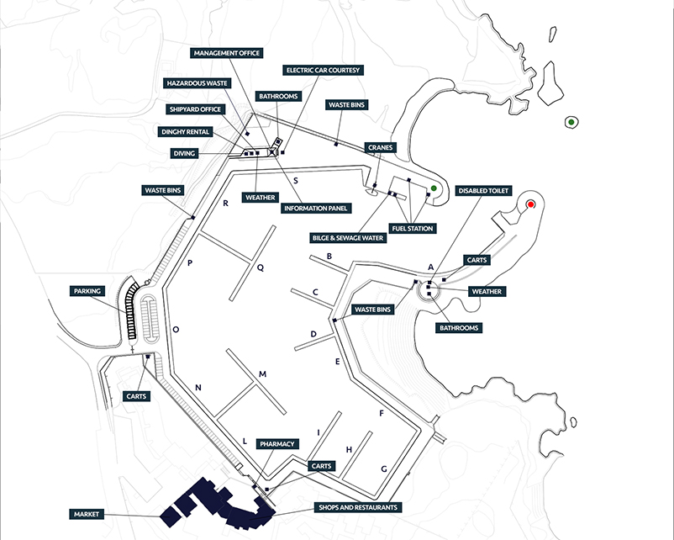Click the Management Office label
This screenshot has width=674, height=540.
click(x=227, y=53)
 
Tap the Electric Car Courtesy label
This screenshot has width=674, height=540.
click(x=323, y=70)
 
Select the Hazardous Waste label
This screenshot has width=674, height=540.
click(x=197, y=83)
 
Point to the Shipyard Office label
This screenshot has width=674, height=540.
click(x=195, y=109)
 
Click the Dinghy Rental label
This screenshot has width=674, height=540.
click(x=185, y=132)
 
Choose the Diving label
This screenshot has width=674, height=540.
click(x=184, y=153)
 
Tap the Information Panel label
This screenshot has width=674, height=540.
click(x=316, y=209)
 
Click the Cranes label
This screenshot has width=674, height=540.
click(x=381, y=147)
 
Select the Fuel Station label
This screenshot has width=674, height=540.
click(x=413, y=229)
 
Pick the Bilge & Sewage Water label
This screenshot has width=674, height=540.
click(x=348, y=238)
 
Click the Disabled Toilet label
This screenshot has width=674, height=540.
click(x=483, y=191)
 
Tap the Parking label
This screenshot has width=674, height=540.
click(x=87, y=291)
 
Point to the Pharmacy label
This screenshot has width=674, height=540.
click(x=277, y=444)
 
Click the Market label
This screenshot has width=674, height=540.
click(x=87, y=514)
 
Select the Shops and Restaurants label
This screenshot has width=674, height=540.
click(x=358, y=507)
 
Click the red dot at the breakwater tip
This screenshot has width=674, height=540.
click(x=531, y=204)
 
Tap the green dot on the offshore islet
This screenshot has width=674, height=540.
click(x=571, y=122)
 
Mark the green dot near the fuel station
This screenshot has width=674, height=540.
click(x=434, y=188)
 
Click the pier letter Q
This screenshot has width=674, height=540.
click(x=260, y=268)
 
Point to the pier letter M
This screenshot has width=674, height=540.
click(x=262, y=374)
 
